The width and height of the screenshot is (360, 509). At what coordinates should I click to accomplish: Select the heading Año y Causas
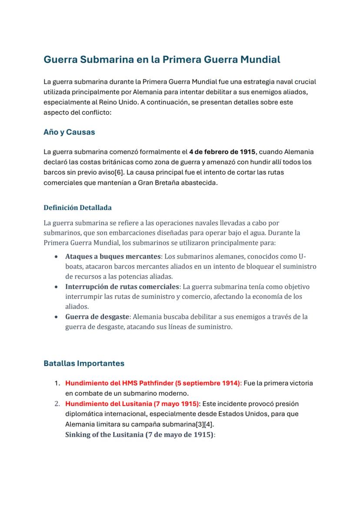[69, 132]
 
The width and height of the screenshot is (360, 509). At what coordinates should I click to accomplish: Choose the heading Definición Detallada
[77, 207]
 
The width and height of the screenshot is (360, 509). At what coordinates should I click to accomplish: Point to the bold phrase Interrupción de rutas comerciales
[122, 286]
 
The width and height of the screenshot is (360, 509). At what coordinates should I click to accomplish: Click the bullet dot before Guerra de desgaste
[57, 317]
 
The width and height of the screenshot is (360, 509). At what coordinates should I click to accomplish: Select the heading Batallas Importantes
[84, 363]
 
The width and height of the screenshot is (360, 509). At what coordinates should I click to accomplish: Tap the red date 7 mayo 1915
[176, 404]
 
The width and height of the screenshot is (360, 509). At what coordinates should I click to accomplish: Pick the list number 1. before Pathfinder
[57, 383]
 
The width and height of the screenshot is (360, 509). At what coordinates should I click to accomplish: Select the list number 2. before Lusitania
[57, 404]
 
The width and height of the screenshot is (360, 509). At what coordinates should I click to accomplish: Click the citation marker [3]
[205, 424]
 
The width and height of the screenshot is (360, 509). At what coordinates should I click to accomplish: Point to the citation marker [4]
[213, 424]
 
